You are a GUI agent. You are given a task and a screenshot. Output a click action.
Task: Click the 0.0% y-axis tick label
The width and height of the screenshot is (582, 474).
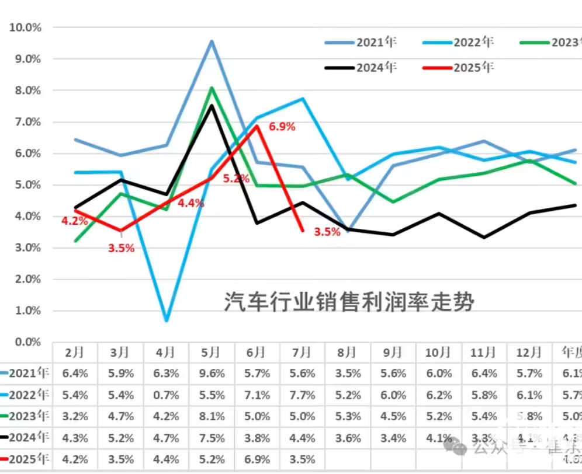coord(28,341)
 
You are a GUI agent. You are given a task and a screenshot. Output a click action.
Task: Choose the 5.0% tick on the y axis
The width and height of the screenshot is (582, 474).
coord(28,185)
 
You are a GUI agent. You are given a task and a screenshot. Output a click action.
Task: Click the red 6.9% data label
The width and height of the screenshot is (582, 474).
coord(282,126)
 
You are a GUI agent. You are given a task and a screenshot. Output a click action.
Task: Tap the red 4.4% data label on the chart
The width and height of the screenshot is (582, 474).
coord(190,203)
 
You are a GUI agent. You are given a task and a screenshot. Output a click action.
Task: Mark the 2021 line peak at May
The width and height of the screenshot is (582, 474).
coord(212,41)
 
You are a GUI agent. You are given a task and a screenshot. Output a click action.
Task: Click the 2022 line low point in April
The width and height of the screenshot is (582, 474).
coord(167,320)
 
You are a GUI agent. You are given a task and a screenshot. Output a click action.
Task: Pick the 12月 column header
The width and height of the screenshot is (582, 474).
coord(530,353)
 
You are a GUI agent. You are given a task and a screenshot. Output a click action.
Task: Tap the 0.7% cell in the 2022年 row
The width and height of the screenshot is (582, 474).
coord(166,395)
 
